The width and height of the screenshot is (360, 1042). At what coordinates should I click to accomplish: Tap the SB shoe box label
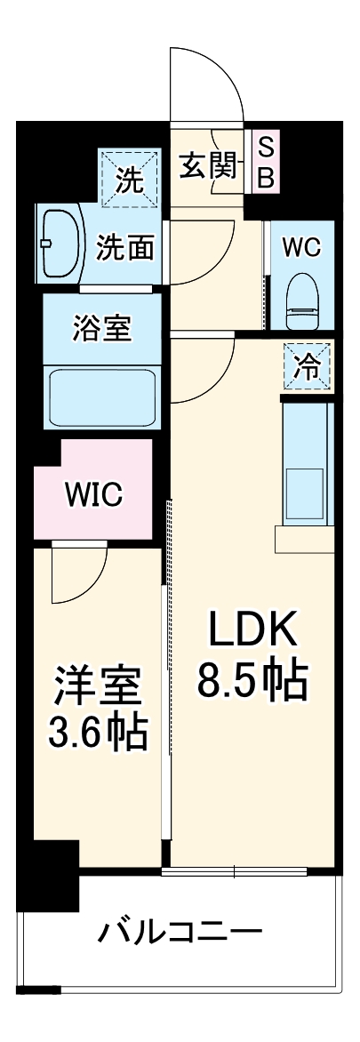(266, 163)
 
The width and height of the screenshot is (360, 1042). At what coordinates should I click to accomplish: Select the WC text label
(301, 248)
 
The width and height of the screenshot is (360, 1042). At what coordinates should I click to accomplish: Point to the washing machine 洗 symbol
(130, 183)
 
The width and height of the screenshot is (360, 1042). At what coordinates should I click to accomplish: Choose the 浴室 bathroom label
(101, 329)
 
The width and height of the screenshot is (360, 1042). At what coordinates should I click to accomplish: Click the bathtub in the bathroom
(102, 397)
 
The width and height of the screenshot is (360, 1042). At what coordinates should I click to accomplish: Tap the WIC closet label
(92, 494)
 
